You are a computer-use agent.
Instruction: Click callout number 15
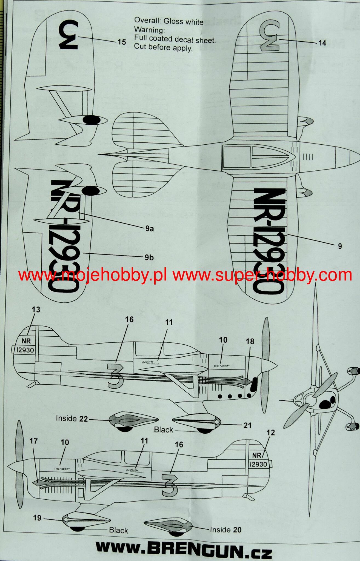122,42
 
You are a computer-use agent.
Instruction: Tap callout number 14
322,43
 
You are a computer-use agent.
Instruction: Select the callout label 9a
149,228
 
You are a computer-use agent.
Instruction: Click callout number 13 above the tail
36,310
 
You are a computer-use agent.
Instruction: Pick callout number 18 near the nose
250,341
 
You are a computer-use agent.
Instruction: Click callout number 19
37,518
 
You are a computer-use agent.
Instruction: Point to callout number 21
247,425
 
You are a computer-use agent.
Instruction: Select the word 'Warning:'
149,29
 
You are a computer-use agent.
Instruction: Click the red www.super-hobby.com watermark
262,275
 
